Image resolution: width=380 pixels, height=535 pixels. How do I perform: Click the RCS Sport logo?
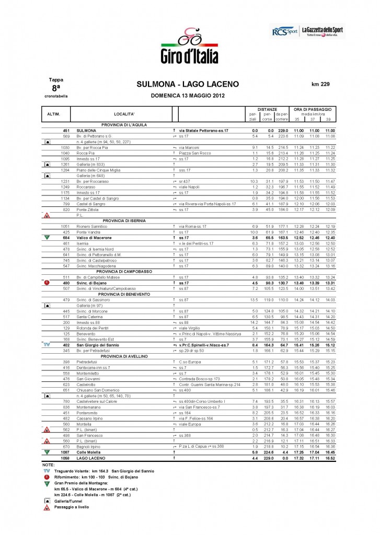tap(282, 32)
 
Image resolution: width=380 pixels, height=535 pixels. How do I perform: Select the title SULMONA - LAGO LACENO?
tap(187, 84)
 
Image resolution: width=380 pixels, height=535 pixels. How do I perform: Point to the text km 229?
tap(320, 84)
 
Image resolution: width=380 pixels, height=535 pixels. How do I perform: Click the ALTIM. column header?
tap(54, 113)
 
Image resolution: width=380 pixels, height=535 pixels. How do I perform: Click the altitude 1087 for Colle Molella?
tap(66, 451)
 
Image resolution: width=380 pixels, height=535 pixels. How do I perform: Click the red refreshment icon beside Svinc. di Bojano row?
tap(47, 283)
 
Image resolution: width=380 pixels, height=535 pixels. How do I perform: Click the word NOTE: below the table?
tap(49, 464)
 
